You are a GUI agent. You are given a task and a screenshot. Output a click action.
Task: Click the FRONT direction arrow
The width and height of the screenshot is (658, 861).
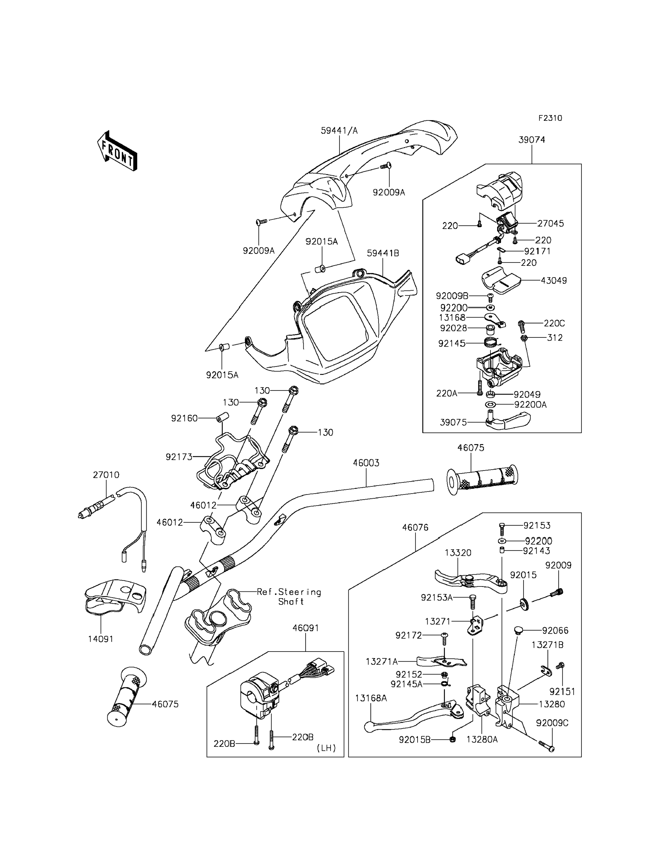[x=117, y=152]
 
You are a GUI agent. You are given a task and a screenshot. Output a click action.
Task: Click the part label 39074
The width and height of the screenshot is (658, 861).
[x=531, y=140]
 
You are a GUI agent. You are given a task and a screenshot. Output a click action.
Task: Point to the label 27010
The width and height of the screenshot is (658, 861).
[x=106, y=475]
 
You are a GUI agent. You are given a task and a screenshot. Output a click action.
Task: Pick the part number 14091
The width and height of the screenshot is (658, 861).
[x=101, y=639]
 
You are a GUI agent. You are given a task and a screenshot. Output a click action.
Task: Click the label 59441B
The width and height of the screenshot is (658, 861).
[x=383, y=253]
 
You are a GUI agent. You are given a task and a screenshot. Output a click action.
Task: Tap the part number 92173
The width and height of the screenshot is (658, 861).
[x=179, y=457]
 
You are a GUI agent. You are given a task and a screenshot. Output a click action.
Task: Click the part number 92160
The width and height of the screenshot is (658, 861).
[x=184, y=418]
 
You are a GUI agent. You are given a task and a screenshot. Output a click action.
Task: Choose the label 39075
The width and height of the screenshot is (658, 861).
[x=453, y=422]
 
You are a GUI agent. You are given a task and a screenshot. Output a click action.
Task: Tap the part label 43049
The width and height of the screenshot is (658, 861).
[x=553, y=280]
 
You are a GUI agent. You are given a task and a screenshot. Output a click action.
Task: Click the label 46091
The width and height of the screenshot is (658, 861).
[x=305, y=628]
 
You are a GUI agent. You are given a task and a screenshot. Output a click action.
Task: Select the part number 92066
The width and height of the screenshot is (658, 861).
[x=555, y=631]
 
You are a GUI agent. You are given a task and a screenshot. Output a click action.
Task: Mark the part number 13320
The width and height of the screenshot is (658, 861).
[x=458, y=553]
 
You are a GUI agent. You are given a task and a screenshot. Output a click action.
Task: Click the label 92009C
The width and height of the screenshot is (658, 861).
[x=552, y=723]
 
